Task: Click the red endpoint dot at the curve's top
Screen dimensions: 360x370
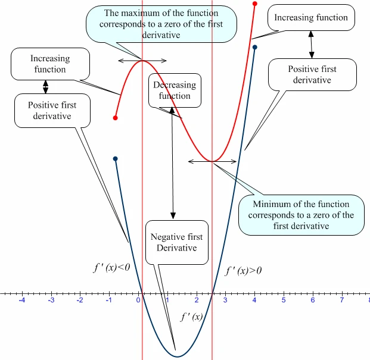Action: click(x=255, y=4)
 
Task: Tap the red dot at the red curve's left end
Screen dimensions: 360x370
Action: click(x=115, y=118)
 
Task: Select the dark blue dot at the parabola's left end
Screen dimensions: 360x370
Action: click(x=115, y=159)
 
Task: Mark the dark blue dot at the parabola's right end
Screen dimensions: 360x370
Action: click(x=255, y=47)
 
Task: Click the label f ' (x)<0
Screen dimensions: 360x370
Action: click(x=112, y=268)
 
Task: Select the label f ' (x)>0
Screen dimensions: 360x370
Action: click(x=243, y=271)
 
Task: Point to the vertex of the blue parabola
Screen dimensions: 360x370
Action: click(x=176, y=356)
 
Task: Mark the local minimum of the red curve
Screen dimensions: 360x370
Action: click(x=212, y=161)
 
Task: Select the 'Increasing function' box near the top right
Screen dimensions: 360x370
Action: click(x=311, y=17)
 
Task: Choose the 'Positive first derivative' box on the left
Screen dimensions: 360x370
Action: click(x=52, y=110)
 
